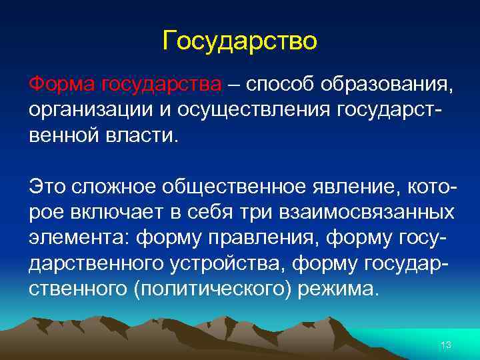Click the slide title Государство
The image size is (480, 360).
tap(240, 42)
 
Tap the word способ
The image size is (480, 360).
tap(279, 85)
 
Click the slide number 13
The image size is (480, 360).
tap(446, 344)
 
